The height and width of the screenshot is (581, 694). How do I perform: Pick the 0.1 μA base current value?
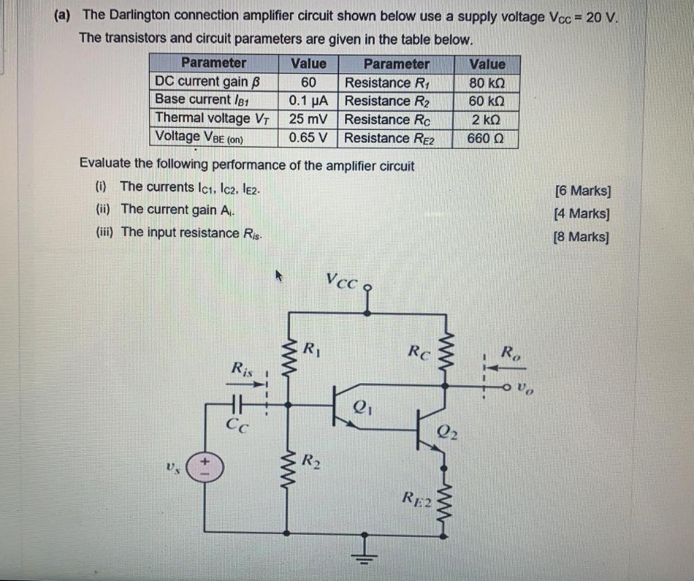pos(308,101)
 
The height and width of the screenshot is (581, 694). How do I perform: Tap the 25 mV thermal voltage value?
pos(308,119)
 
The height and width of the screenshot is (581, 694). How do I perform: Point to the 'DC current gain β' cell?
pos(207,82)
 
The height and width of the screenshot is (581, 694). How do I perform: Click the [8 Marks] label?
pos(581,237)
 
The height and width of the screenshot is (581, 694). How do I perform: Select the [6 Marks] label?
pos(581,191)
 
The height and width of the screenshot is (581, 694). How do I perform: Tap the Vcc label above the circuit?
pos(341,280)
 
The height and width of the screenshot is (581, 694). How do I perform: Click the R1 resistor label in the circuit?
pos(310,350)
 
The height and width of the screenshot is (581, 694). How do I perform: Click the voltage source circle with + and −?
pos(203,467)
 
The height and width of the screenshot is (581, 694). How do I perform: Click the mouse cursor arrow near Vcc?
pos(277,275)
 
